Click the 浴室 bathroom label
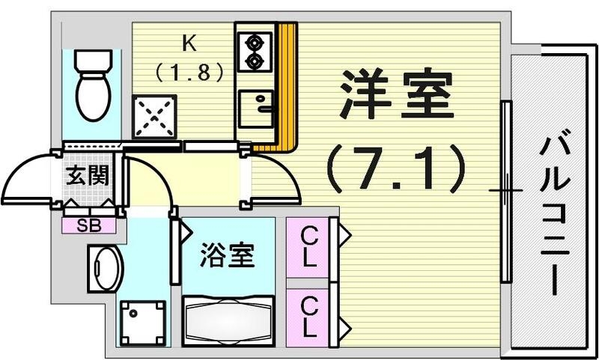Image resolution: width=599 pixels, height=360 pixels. pyautogui.click(x=226, y=257)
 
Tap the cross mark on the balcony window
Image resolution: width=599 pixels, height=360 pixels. pyautogui.click(x=506, y=190)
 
